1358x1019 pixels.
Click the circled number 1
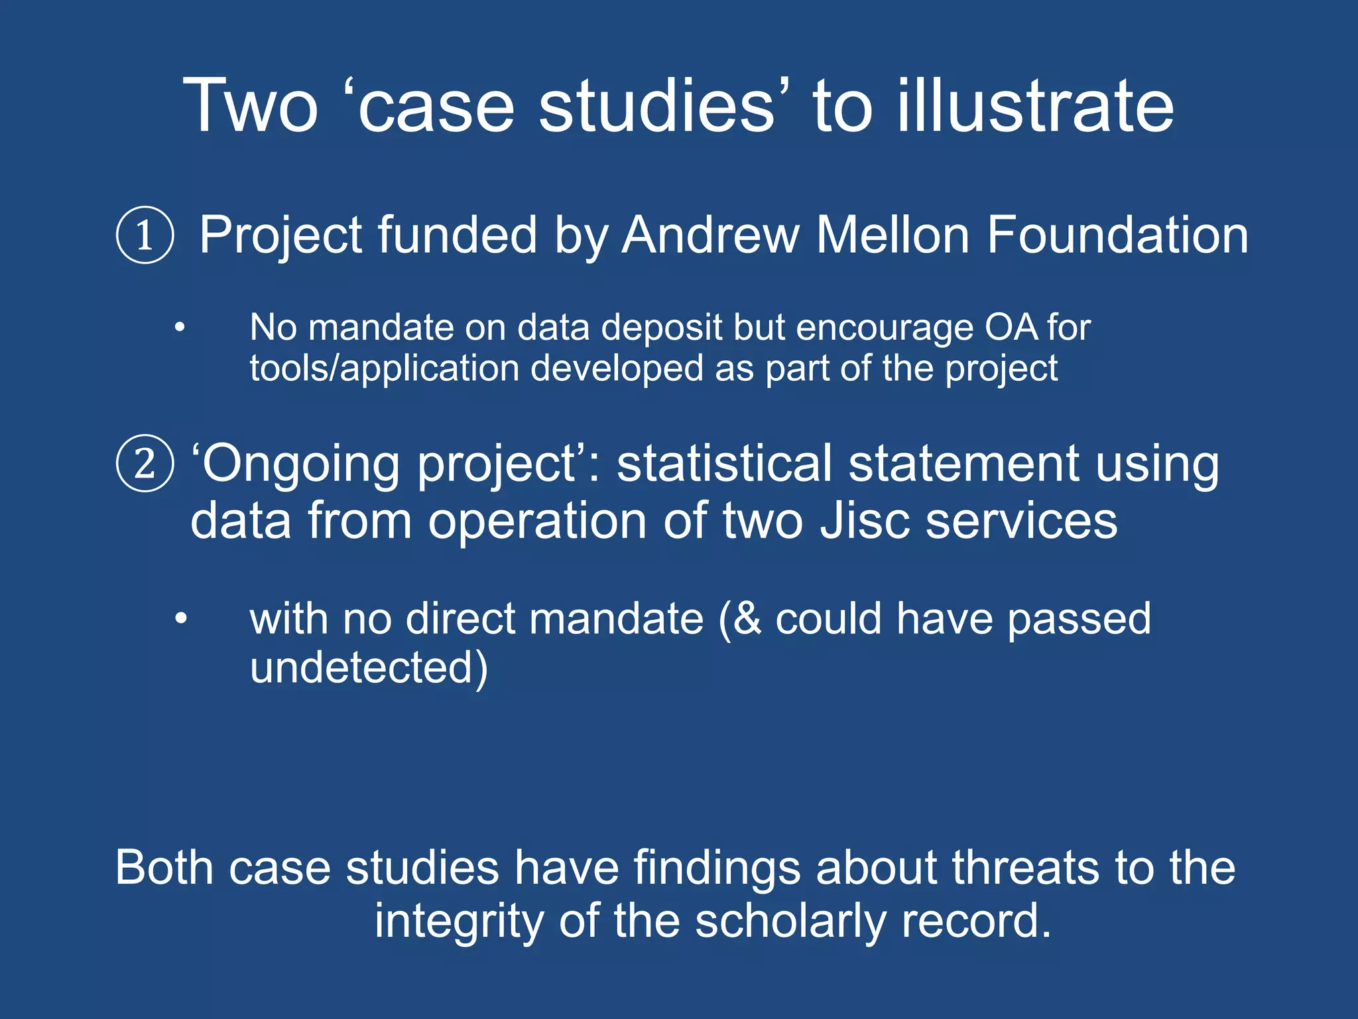[145, 236]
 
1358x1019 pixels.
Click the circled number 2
[145, 463]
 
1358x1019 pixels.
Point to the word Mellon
[893, 235]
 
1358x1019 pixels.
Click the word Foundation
[1117, 235]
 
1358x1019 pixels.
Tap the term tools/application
[384, 369]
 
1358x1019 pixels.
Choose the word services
[1021, 521]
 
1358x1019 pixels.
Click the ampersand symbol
[748, 619]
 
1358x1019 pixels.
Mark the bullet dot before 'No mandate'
[180, 328]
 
